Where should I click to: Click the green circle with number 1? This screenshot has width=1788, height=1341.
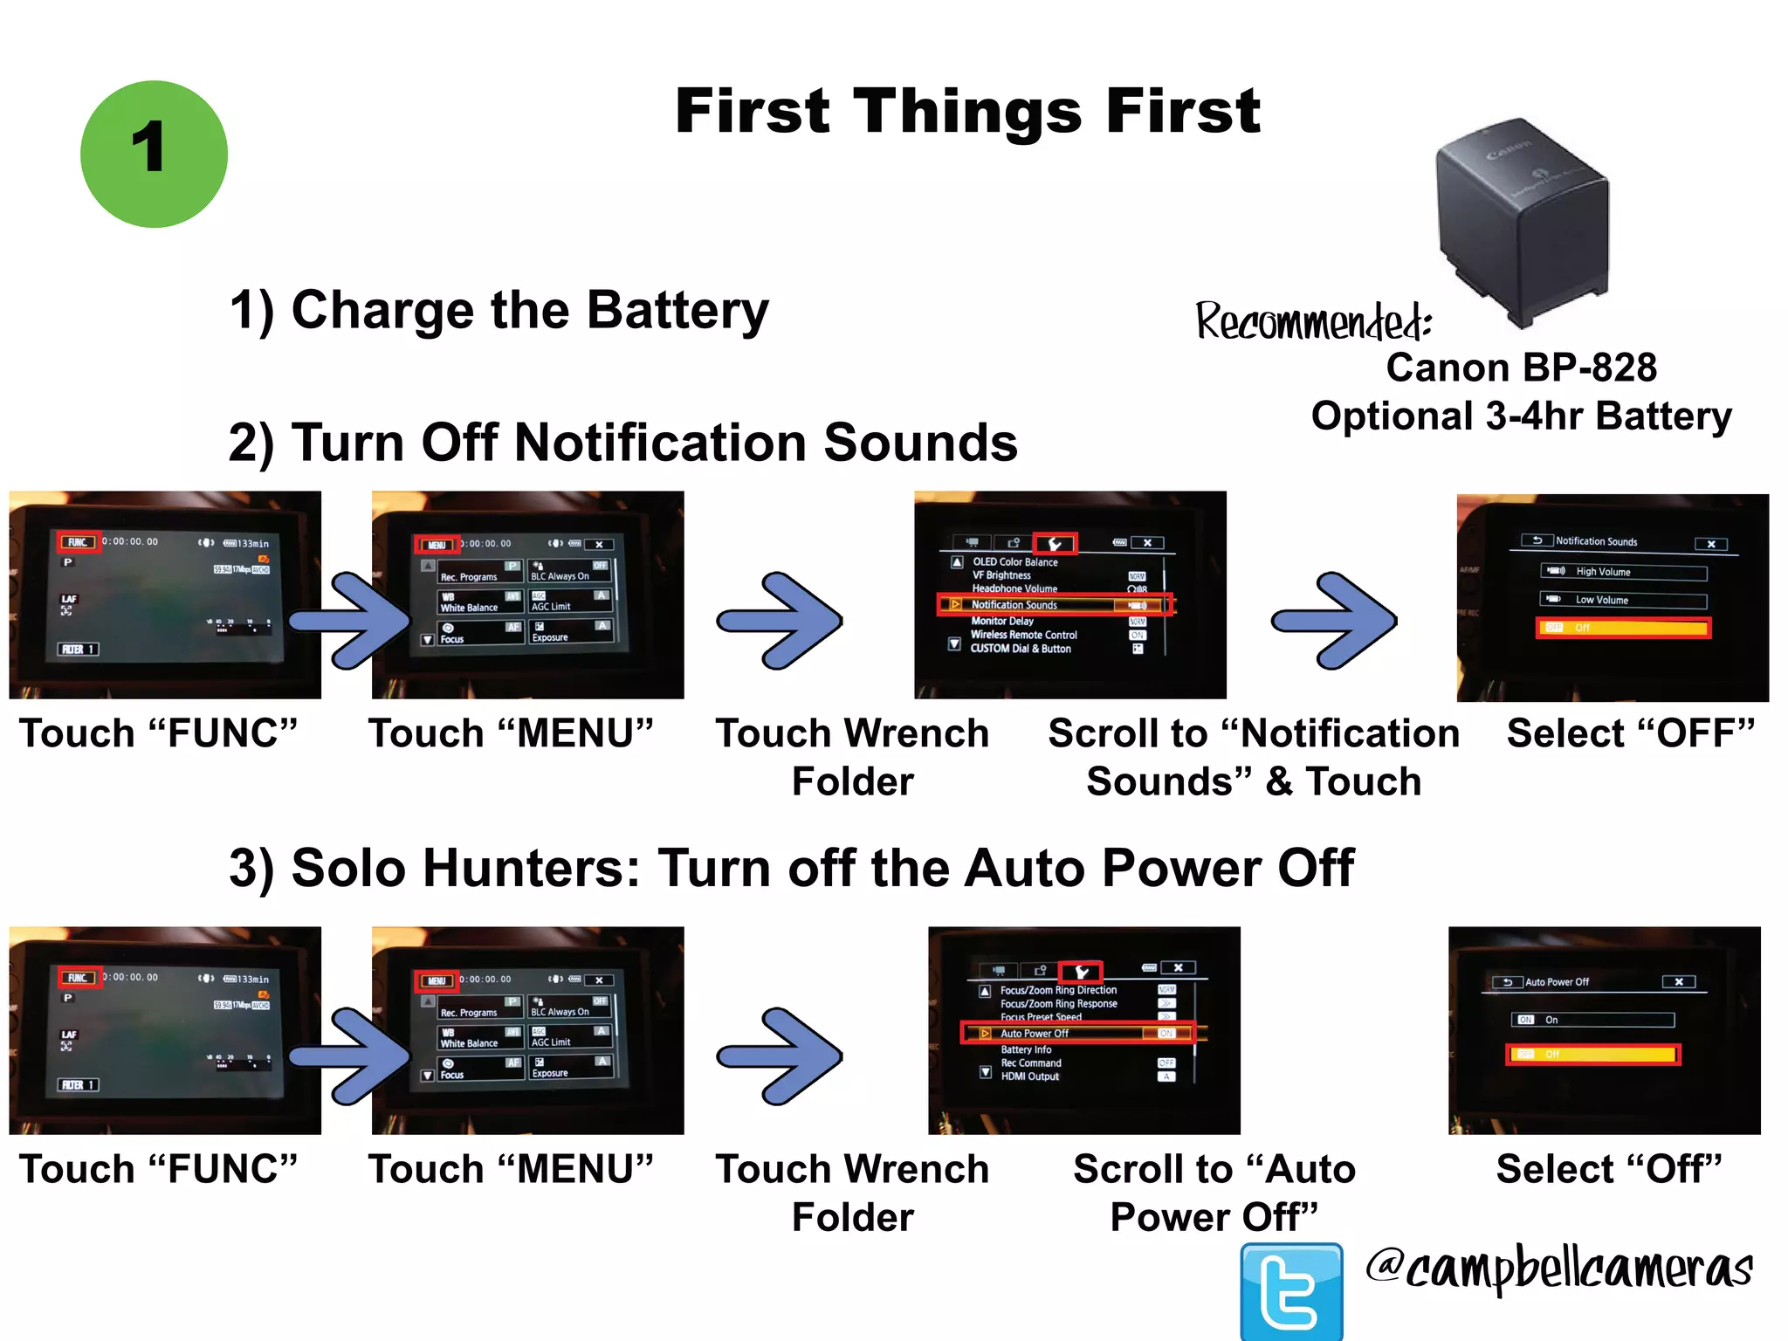(154, 155)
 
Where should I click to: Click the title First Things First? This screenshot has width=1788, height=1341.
(967, 112)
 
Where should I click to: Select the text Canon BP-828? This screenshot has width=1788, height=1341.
(1521, 368)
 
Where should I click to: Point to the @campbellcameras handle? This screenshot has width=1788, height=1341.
(1558, 1269)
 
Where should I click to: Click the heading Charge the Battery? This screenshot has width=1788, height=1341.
(499, 311)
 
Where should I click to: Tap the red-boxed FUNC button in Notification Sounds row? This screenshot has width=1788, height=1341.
(79, 542)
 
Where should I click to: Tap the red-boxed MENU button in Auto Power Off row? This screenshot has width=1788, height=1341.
(437, 980)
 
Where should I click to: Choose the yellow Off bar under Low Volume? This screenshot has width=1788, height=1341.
(1623, 628)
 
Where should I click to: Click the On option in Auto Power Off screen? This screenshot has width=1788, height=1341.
(1592, 1020)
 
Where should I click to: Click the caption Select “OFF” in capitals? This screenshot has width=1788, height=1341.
(1630, 733)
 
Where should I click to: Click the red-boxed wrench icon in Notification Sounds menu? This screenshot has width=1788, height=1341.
(1055, 544)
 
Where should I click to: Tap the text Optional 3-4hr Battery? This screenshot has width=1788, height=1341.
(1521, 416)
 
